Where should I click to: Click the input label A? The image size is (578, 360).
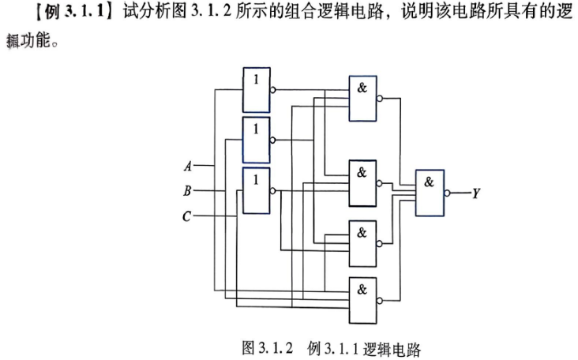(188, 166)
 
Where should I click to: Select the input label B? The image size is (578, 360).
(187, 191)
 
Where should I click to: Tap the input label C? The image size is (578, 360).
(187, 216)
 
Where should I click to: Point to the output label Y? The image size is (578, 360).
(476, 193)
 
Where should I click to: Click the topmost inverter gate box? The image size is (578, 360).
(256, 90)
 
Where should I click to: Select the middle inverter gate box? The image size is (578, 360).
(256, 140)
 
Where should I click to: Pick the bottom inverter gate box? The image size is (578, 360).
(256, 190)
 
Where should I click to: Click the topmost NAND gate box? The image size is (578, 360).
(362, 99)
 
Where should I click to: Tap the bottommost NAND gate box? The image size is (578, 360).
(362, 300)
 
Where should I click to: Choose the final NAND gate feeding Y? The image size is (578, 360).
(430, 193)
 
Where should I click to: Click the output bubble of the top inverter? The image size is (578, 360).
(272, 90)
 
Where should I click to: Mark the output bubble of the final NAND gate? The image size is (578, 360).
(447, 193)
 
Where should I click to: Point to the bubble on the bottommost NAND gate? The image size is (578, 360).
(380, 301)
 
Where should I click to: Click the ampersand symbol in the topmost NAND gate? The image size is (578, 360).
(362, 88)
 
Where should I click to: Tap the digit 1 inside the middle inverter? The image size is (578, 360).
(256, 129)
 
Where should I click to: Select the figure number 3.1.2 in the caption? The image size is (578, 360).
(276, 348)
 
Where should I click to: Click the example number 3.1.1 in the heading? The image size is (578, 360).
(84, 12)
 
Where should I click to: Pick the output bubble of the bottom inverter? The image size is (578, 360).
(272, 190)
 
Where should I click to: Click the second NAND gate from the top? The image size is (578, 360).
(362, 183)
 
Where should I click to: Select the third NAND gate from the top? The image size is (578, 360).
(362, 244)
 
